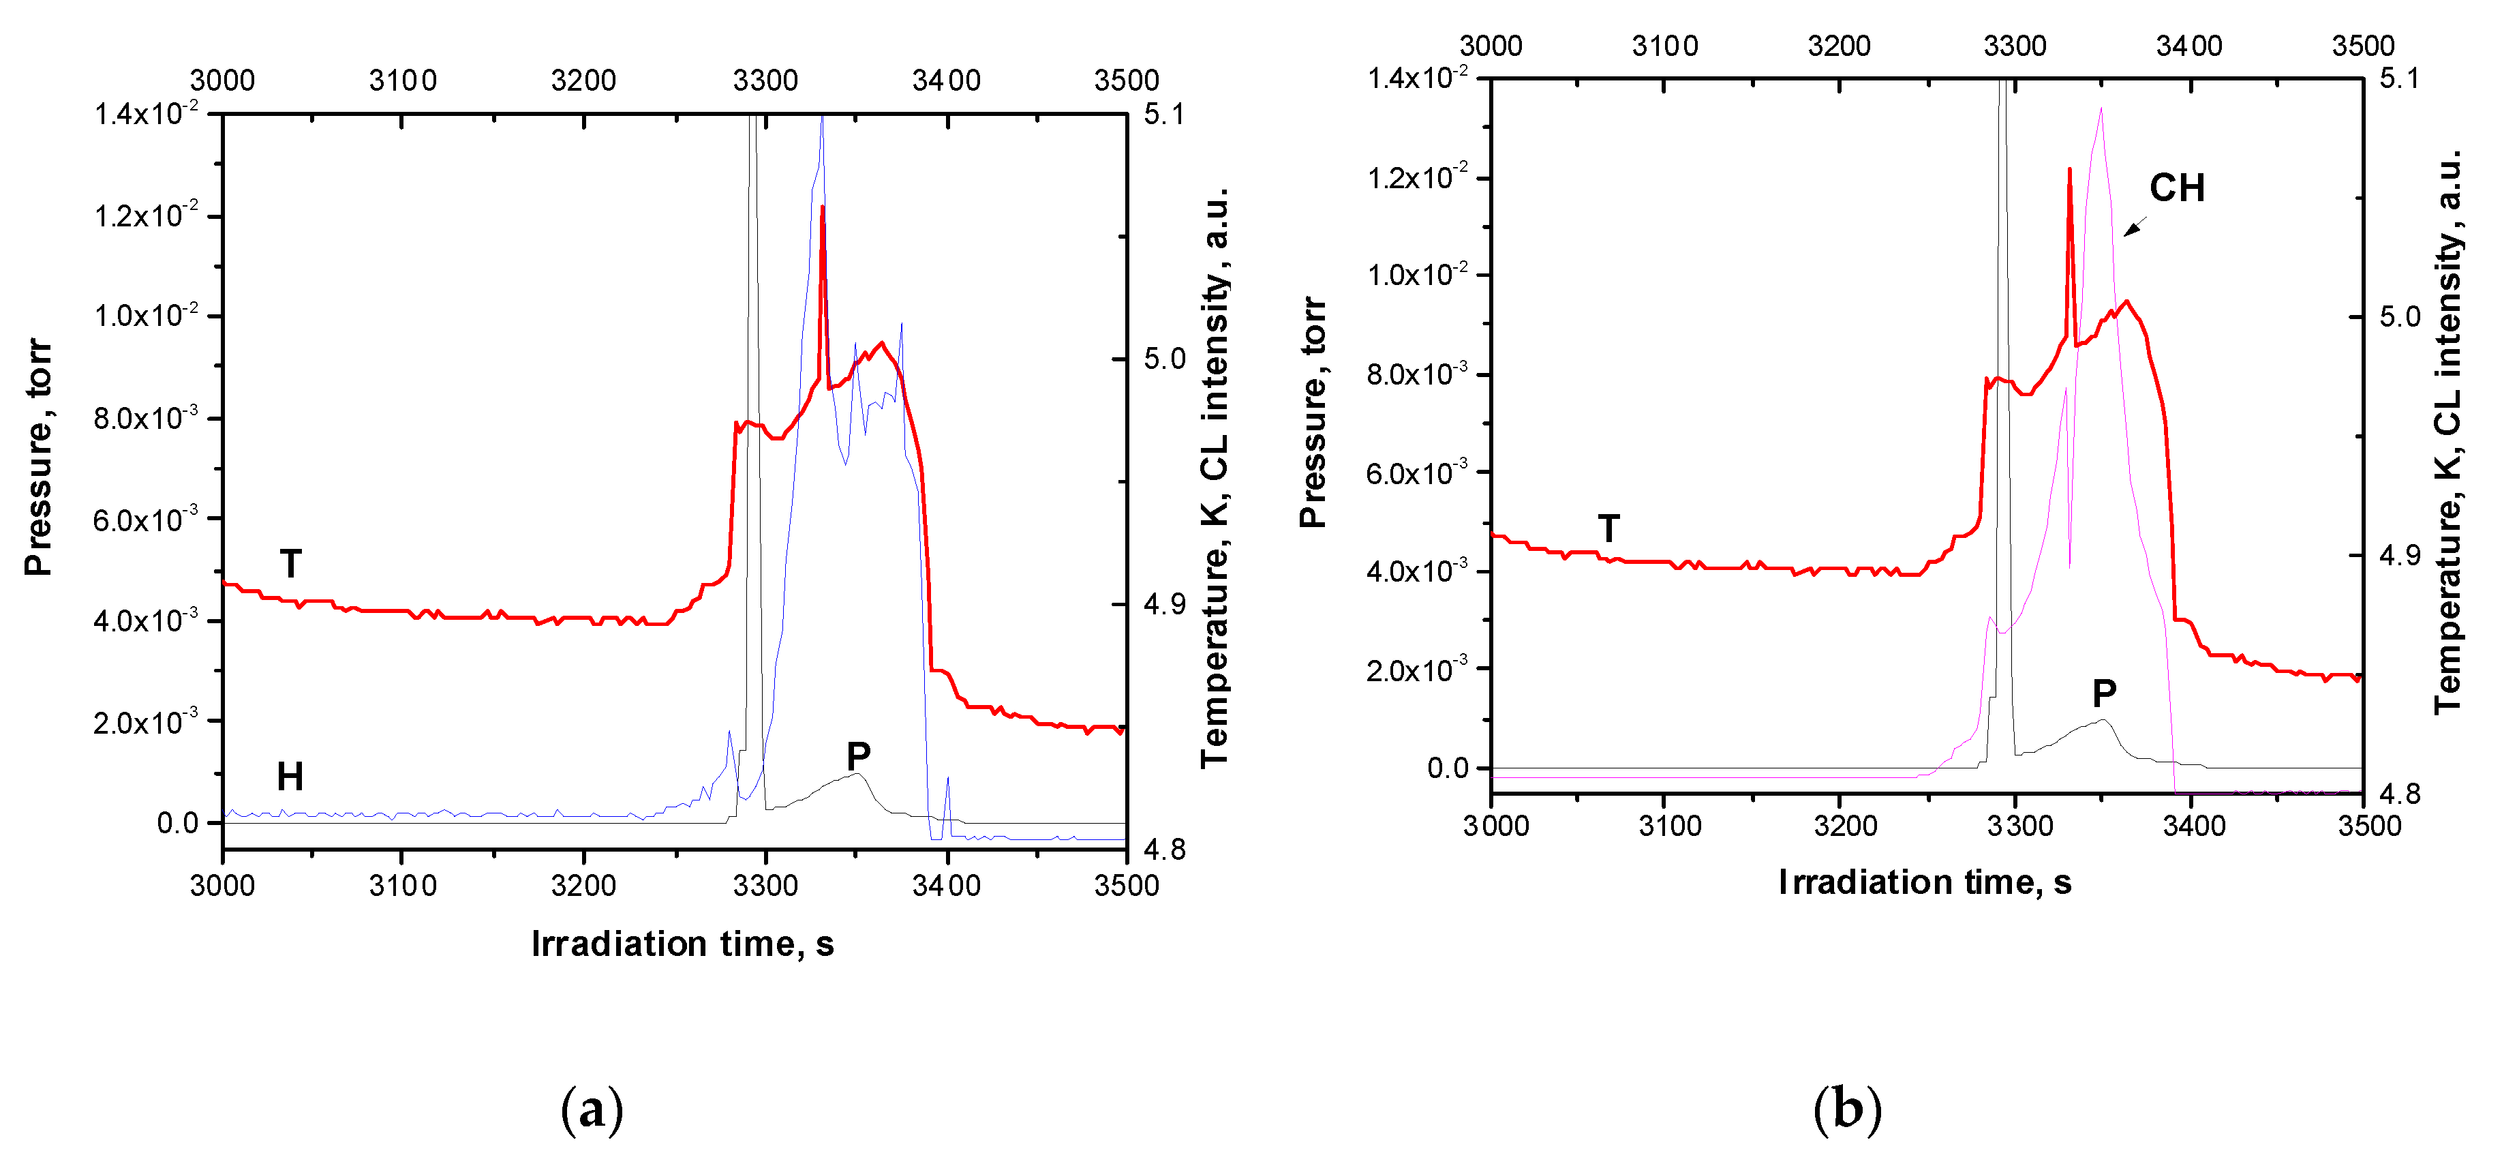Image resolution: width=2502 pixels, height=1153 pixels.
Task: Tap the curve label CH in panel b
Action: pyautogui.click(x=2177, y=188)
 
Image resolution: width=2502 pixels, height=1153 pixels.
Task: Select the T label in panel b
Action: pyautogui.click(x=1608, y=529)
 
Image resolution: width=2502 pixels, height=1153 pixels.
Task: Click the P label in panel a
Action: pyautogui.click(x=857, y=755)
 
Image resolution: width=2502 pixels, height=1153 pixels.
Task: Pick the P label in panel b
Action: pyautogui.click(x=2104, y=693)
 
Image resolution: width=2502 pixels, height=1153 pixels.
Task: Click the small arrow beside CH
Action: pyautogui.click(x=2134, y=227)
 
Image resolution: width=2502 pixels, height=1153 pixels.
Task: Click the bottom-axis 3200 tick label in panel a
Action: pyautogui.click(x=583, y=886)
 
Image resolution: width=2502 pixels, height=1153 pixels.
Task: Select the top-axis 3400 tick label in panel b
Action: pyautogui.click(x=2188, y=46)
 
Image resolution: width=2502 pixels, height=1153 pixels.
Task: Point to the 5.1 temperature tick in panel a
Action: pyautogui.click(x=1163, y=115)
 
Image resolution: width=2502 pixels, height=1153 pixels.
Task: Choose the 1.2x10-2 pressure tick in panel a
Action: pyautogui.click(x=146, y=215)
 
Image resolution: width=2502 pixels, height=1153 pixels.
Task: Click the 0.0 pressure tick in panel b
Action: pyautogui.click(x=1447, y=768)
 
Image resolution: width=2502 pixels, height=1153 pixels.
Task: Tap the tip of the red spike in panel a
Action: pyautogui.click(x=822, y=206)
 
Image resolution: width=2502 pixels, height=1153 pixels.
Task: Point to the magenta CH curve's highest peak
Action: pyautogui.click(x=2101, y=109)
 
